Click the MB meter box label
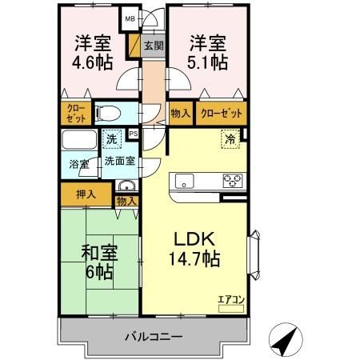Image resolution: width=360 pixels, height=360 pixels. point(128,15)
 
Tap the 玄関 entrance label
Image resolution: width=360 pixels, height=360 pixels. point(153,46)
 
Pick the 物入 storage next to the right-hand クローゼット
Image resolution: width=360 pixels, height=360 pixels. point(180,113)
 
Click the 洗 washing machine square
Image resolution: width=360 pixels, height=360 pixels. point(113,139)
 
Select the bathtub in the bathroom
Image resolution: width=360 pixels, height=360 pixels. point(78,142)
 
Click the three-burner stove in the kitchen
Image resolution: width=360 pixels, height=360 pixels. point(233,180)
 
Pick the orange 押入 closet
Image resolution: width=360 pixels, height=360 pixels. point(86,194)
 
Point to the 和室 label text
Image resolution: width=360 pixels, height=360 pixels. point(99,254)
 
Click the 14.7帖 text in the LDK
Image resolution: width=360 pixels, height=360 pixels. point(192,258)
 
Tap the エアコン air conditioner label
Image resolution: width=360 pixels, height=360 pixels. point(230,300)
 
